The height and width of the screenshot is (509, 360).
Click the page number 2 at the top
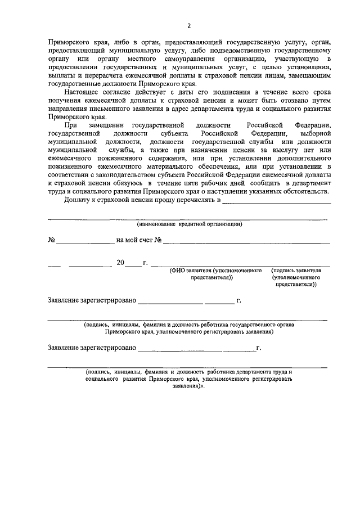click(189, 25)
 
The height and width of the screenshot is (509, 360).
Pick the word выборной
click(316, 134)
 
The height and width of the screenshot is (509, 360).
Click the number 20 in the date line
click(120, 263)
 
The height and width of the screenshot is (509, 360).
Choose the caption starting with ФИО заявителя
click(216, 274)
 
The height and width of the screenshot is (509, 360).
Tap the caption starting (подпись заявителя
click(296, 277)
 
